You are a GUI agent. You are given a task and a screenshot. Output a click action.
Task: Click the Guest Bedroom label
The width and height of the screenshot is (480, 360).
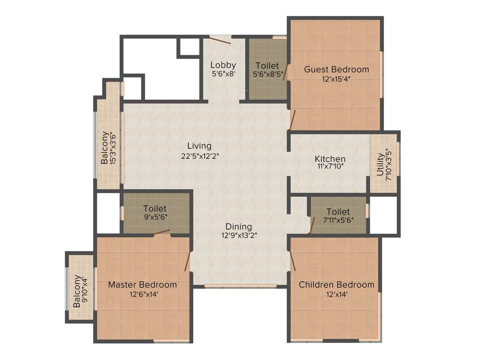coord(337,69)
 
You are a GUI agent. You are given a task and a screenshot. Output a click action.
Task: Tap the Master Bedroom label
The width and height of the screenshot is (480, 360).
coord(142,285)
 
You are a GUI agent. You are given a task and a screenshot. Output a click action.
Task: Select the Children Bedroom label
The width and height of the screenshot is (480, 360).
coord(337,285)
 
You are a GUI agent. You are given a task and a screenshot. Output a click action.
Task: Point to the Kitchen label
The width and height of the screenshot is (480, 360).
coord(330,159)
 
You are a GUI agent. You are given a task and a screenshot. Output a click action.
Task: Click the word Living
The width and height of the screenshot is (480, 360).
coord(199,146)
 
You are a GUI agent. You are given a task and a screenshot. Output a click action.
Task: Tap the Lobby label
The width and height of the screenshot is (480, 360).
coord(223,65)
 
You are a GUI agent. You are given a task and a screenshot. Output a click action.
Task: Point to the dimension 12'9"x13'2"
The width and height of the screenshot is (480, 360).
coord(239,236)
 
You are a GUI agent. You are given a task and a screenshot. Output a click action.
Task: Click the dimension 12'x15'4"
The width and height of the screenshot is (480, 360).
coord(337,79)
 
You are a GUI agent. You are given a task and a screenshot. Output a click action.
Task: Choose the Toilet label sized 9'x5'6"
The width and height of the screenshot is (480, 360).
coord(155,209)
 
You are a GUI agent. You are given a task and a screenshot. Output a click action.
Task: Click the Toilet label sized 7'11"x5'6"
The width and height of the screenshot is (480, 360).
coord(338,212)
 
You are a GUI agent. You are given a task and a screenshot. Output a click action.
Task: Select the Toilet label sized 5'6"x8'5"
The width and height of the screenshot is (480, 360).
coord(267,66)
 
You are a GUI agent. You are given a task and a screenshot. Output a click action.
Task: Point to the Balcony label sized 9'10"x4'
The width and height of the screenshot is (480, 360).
coord(77,291)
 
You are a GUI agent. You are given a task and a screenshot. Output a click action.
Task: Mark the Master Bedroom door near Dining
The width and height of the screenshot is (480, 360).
coord(188,261)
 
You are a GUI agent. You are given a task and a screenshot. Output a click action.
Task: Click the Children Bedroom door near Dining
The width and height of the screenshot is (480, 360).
coord(292,260)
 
